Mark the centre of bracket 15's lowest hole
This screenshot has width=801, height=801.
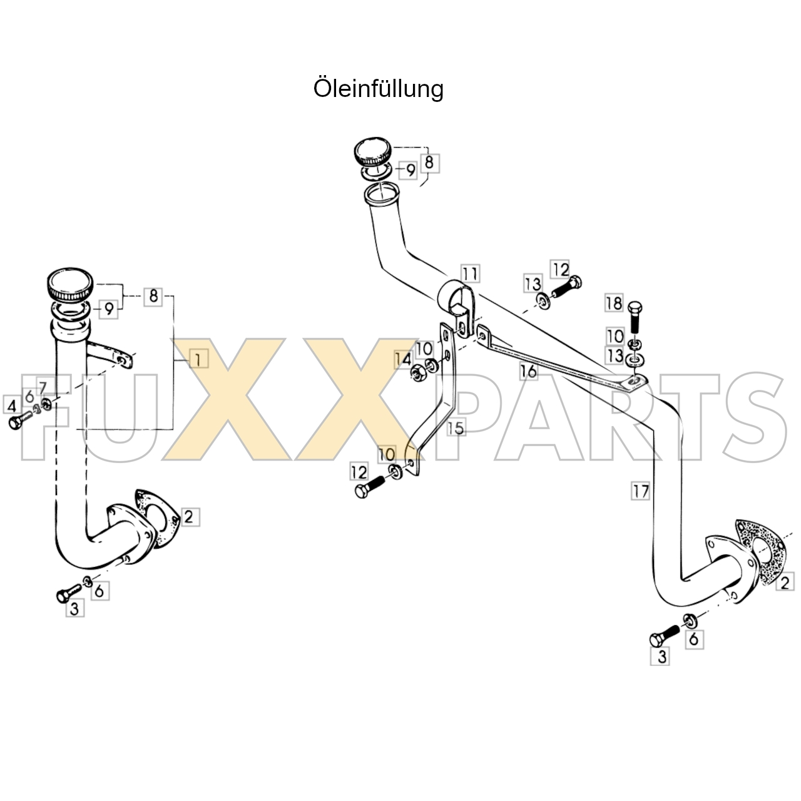411,462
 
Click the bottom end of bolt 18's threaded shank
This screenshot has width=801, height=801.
635,332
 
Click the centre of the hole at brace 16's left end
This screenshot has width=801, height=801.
482,335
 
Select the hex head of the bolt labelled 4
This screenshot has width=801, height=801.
14,423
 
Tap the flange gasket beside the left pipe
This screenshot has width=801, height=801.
157,518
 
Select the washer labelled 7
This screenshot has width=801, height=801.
46,403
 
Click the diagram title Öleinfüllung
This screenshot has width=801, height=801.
379,88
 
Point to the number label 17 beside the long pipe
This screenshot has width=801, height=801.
641,491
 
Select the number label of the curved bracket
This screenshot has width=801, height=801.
456,428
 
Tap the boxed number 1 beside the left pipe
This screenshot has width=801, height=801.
199,359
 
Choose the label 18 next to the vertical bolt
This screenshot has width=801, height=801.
614,303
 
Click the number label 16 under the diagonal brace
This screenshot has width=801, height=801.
528,371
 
